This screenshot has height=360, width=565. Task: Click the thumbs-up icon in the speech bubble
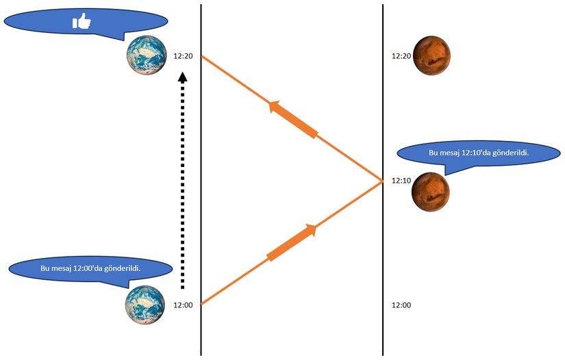click(x=81, y=22)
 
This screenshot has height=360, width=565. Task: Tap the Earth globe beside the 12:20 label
click(x=147, y=55)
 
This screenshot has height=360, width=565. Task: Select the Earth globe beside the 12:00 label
click(x=145, y=305)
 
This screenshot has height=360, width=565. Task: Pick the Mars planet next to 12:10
click(x=430, y=192)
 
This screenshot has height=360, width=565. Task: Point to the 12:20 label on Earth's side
click(x=184, y=56)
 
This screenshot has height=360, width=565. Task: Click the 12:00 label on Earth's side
click(x=184, y=305)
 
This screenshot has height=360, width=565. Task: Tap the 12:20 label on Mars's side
click(x=401, y=56)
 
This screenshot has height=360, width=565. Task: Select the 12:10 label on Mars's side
click(x=401, y=181)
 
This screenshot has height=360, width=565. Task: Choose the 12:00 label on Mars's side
click(x=401, y=305)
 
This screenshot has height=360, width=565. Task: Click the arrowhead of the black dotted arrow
click(x=182, y=78)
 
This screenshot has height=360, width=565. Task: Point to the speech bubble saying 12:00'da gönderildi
click(x=90, y=269)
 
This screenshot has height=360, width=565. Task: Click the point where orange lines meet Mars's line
click(x=382, y=181)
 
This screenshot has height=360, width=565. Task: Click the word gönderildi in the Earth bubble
click(x=121, y=268)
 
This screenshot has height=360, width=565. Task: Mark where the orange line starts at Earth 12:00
click(x=201, y=304)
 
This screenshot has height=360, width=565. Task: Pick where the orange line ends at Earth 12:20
click(x=201, y=57)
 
